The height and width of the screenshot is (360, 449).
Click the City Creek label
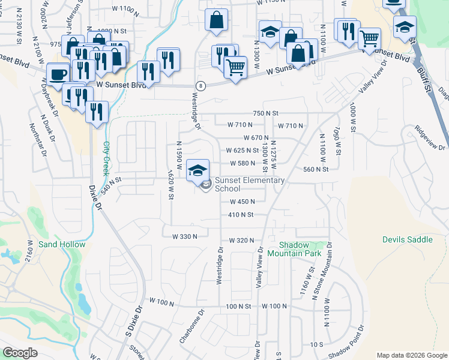pos(106,155)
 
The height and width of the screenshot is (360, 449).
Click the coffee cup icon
pos(58,74)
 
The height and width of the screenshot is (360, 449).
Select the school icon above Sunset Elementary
pos(197,170)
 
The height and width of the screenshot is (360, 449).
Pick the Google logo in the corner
pos(20,353)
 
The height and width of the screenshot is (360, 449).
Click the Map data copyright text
pos(412,355)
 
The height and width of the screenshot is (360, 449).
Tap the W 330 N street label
pos(185,236)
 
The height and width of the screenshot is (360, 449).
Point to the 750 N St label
pos(266,113)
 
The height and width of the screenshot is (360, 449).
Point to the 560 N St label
pos(316,169)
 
